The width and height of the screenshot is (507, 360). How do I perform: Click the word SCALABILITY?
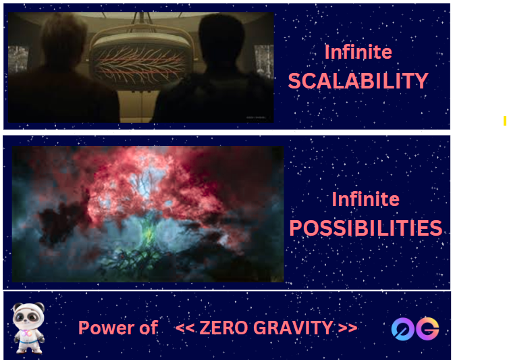[358, 81]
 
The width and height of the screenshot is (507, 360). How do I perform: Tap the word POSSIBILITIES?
[366, 228]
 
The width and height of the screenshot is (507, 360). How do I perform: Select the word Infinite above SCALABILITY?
[358, 52]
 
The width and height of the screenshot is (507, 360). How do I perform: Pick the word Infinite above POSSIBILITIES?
[366, 199]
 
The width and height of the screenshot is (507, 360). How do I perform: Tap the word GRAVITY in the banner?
[293, 328]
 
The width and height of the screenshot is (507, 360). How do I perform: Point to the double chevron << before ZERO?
[185, 328]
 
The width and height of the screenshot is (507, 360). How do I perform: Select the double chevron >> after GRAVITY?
[348, 328]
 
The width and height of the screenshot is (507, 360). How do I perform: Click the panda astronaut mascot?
[28, 328]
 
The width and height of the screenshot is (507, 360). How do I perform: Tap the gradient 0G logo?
[415, 329]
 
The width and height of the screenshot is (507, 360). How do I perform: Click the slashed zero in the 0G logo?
[403, 330]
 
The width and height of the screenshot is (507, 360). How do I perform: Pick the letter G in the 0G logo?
[427, 329]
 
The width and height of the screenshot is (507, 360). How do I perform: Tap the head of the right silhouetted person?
[221, 37]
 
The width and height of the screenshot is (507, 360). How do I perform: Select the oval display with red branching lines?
[140, 61]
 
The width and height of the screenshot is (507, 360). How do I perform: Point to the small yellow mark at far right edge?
[505, 121]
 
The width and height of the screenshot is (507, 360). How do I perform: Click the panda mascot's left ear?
[17, 307]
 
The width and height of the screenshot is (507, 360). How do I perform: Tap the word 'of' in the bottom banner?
[149, 328]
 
